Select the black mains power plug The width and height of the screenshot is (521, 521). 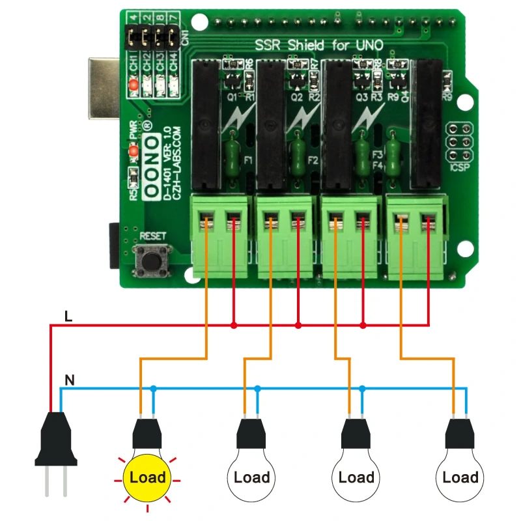coord(55,443)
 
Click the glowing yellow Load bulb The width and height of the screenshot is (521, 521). coord(147,477)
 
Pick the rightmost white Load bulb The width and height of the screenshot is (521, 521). coord(460,477)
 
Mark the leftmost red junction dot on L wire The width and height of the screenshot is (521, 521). coord(234,324)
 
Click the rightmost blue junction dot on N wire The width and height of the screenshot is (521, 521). coord(362,388)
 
